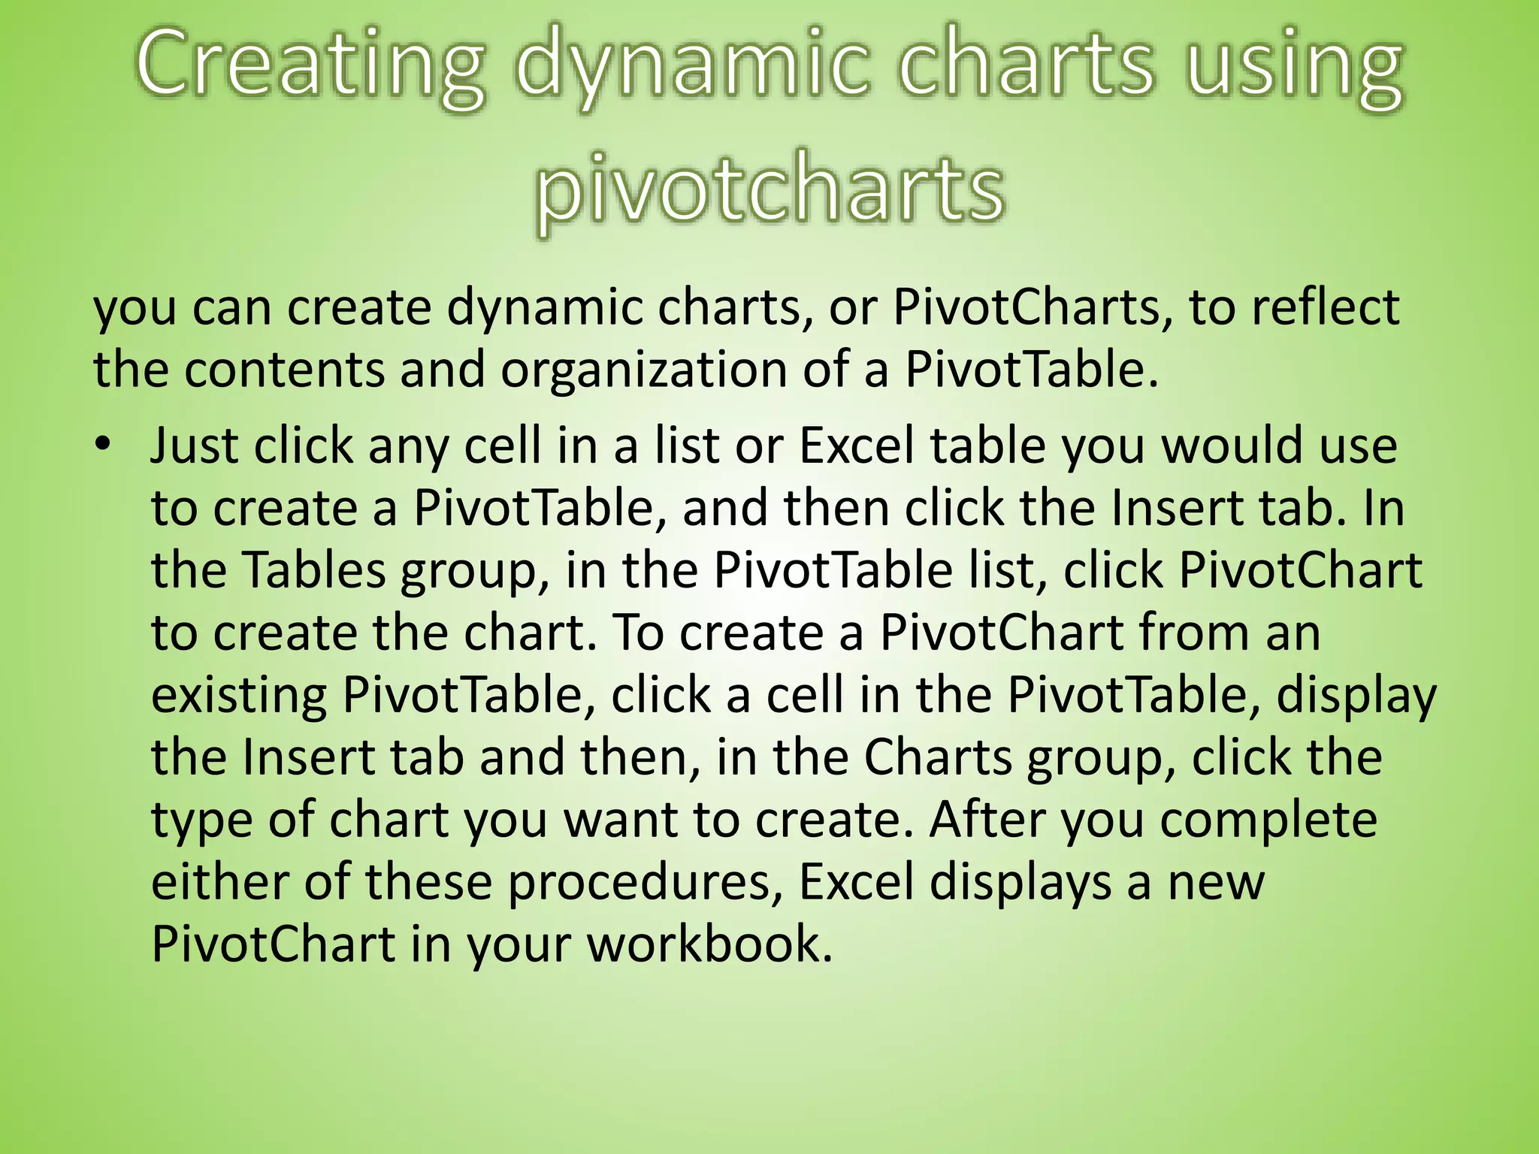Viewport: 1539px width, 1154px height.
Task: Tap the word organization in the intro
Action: point(643,370)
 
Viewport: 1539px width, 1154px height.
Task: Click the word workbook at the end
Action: point(709,944)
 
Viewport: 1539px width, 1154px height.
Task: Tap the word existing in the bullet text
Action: point(239,695)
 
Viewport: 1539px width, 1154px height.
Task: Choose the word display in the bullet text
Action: point(1356,695)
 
